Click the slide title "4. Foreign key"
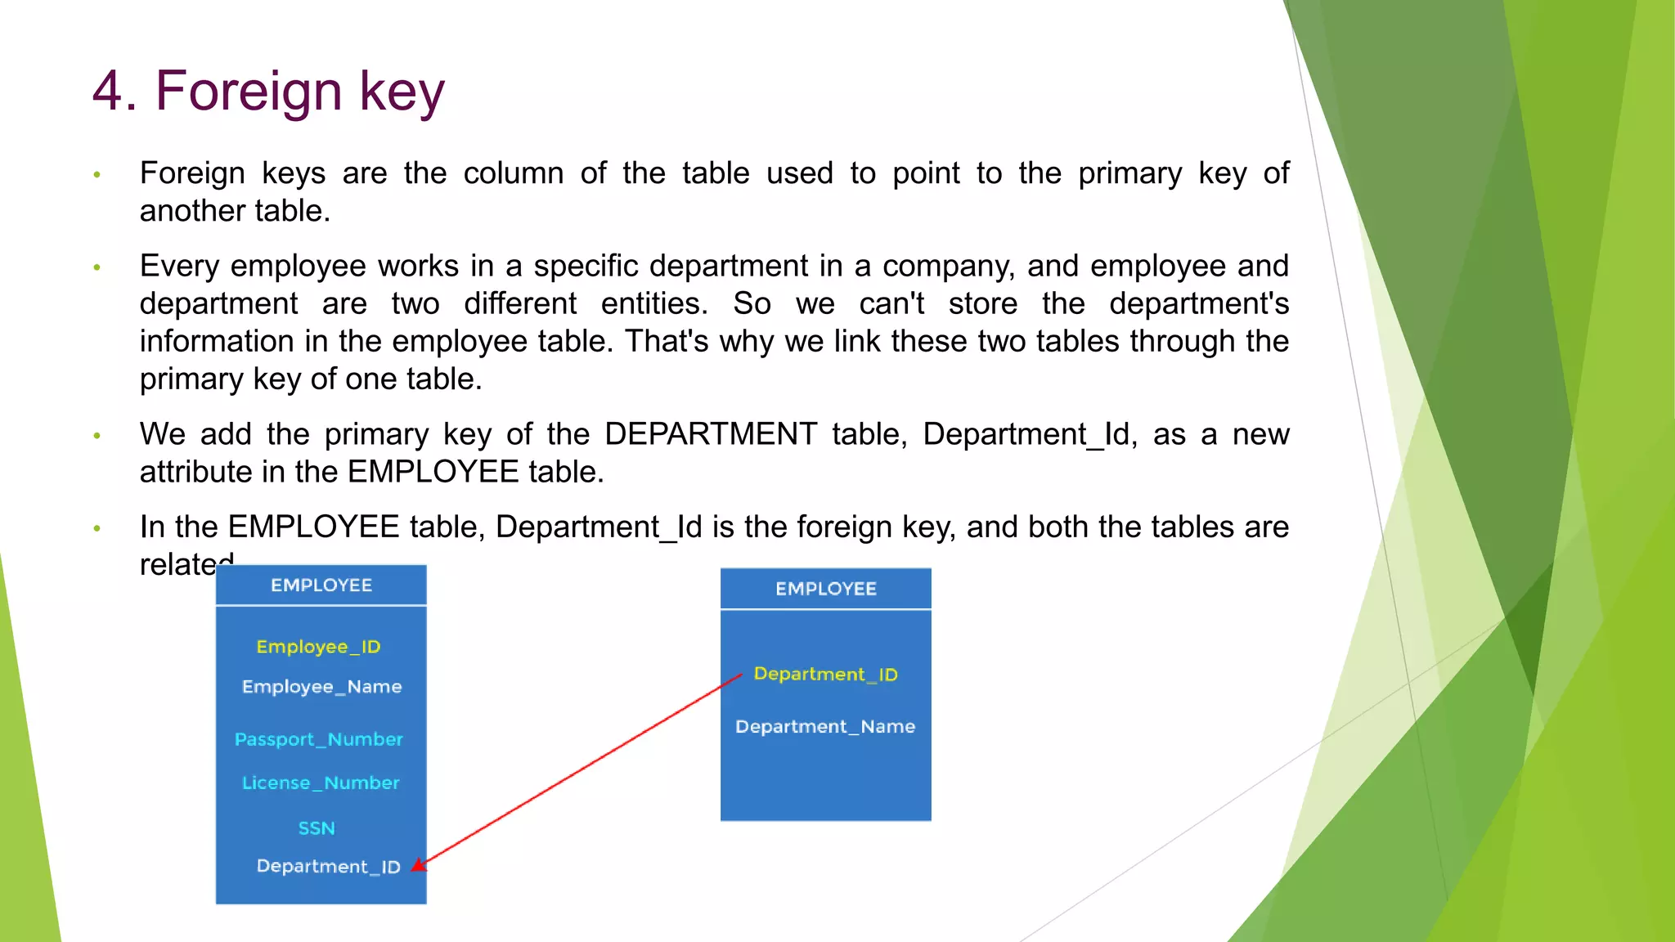tap(268, 91)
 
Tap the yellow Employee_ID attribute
tap(318, 647)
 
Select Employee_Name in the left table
tap(321, 687)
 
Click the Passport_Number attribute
tap(318, 739)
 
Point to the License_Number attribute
tap(321, 783)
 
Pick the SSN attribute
tap(317, 828)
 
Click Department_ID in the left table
tap(327, 867)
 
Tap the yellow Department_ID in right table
tap(825, 675)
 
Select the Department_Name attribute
tap(824, 727)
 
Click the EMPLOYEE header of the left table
tap(321, 585)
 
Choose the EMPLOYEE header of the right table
tap(825, 589)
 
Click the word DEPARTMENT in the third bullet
tap(710, 434)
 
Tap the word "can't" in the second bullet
tap(891, 304)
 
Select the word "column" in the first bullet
tap(513, 173)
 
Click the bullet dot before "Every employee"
tap(97, 267)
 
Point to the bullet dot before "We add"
tap(97, 436)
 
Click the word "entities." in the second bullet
tap(654, 304)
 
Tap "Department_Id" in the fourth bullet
tap(599, 527)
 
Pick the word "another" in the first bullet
tap(193, 211)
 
